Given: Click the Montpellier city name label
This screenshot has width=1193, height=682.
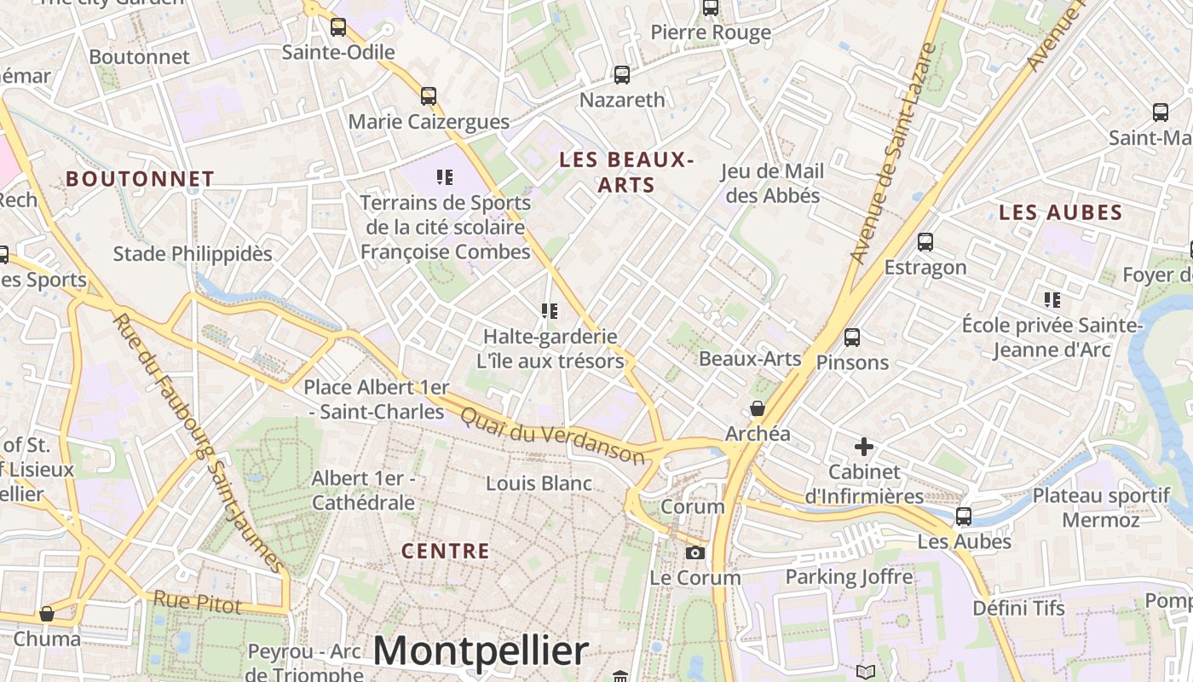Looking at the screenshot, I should (x=481, y=651).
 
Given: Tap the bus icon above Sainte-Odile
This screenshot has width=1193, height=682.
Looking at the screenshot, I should (x=338, y=27).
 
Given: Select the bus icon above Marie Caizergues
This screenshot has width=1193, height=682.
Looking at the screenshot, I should (x=429, y=96).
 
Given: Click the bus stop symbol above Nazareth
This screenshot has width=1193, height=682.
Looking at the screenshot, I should (x=622, y=75).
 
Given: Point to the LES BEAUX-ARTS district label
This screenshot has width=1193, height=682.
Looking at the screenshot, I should (x=626, y=171).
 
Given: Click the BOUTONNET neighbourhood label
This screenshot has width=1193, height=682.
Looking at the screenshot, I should (x=140, y=179).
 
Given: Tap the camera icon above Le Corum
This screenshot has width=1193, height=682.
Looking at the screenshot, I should (x=695, y=552).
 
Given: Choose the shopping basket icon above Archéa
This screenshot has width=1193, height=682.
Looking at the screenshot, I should (x=757, y=408).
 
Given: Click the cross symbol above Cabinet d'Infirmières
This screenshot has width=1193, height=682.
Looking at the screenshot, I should (x=864, y=446).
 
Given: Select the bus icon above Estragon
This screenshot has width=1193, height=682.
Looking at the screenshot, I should (x=925, y=242).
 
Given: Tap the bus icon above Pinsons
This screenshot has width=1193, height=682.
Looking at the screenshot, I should (x=851, y=338).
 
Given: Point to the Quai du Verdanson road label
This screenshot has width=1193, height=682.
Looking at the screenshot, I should (x=552, y=434).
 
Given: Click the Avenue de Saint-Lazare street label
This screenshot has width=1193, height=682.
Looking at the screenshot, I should (x=894, y=153).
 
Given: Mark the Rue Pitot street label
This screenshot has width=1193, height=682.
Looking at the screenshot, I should (x=198, y=602).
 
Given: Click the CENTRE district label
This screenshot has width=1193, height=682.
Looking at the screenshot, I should (x=446, y=551).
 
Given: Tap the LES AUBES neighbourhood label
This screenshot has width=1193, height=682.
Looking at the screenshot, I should (x=1061, y=213).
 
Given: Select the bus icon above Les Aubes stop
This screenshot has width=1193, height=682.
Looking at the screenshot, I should (x=964, y=516).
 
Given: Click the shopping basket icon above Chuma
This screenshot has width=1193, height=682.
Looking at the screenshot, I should (x=47, y=614).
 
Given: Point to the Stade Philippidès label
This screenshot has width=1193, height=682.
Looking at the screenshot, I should (x=193, y=254).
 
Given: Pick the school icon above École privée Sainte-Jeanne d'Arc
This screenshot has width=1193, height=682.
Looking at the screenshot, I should (x=1052, y=300).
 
